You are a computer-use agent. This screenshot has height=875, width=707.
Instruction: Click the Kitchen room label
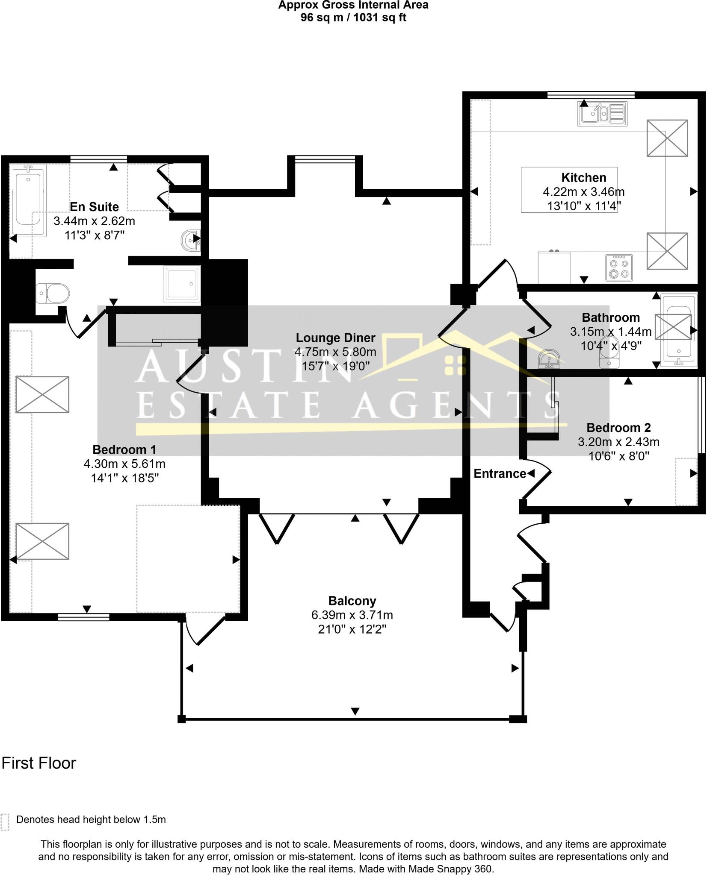click(583, 177)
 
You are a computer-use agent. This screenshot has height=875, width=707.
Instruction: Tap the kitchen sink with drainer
click(602, 114)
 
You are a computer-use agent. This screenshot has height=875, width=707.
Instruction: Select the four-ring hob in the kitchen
click(618, 267)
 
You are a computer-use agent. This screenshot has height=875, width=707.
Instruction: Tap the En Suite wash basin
click(191, 241)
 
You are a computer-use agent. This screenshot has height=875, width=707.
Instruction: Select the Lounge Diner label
click(335, 338)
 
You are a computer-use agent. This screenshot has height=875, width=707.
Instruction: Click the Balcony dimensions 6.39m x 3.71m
click(352, 615)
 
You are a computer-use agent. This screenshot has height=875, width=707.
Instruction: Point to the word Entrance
click(500, 473)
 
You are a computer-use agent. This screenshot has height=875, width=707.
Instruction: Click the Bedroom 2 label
click(618, 428)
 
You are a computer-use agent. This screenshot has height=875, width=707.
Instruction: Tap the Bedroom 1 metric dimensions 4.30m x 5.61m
click(124, 464)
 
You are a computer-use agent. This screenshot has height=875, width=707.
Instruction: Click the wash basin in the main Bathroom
click(550, 359)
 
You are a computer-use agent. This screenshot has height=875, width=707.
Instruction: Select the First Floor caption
click(39, 763)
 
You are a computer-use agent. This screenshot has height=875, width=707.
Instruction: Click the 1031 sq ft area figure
click(379, 18)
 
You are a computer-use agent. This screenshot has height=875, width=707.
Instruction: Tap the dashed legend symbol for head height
click(5, 822)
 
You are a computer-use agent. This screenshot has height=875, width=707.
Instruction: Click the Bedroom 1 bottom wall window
click(84, 617)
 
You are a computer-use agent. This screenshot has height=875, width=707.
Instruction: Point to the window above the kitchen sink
click(591, 95)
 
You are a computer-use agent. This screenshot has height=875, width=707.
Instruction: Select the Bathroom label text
click(611, 317)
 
